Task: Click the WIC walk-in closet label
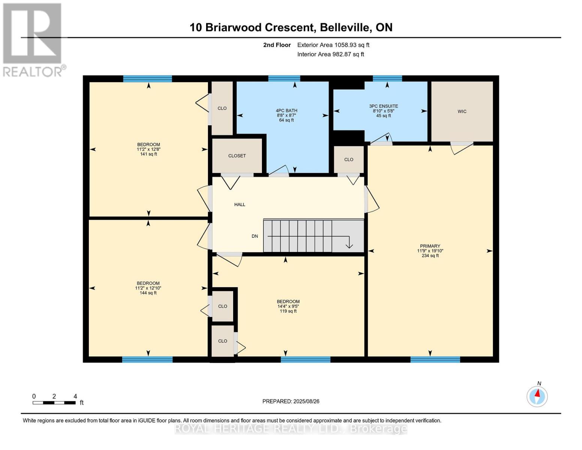pyautogui.click(x=462, y=111)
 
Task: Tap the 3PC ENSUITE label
pyautogui.click(x=383, y=106)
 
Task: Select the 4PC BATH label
pyautogui.click(x=286, y=111)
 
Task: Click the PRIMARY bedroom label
pyautogui.click(x=430, y=246)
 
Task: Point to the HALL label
pyautogui.click(x=239, y=204)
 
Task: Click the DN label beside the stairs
pyautogui.click(x=254, y=236)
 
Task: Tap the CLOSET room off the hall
pyautogui.click(x=237, y=156)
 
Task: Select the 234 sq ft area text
pyautogui.click(x=430, y=256)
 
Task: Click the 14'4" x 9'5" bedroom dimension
pyautogui.click(x=288, y=306)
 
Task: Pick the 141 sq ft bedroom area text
pyautogui.click(x=148, y=154)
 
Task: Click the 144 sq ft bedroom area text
pyautogui.click(x=148, y=293)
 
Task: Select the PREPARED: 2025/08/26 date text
pyautogui.click(x=291, y=401)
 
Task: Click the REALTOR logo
pyautogui.click(x=33, y=39)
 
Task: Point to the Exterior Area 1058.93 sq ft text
pyautogui.click(x=333, y=45)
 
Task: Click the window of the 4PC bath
pyautogui.click(x=284, y=78)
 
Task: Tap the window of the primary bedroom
pyautogui.click(x=435, y=360)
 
